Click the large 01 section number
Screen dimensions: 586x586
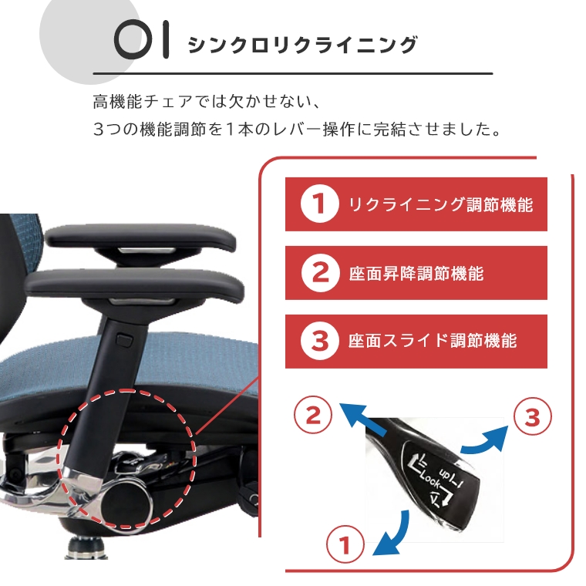click(x=141, y=39)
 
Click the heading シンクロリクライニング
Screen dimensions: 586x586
click(x=302, y=45)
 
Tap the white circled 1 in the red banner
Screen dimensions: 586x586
click(x=319, y=204)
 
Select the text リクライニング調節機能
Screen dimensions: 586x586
click(x=440, y=204)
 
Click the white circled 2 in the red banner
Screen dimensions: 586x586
click(x=320, y=272)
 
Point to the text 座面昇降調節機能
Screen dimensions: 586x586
click(x=416, y=274)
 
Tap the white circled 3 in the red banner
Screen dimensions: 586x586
click(x=319, y=341)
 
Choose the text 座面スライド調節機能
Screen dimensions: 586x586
click(x=433, y=341)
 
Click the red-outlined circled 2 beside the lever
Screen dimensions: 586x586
click(x=313, y=415)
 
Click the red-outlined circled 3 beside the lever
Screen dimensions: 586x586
click(x=532, y=416)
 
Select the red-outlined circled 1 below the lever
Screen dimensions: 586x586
click(x=345, y=544)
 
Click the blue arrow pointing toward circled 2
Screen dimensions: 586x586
click(x=362, y=419)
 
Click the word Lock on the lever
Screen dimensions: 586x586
click(x=431, y=480)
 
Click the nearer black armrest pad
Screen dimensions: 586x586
click(x=134, y=286)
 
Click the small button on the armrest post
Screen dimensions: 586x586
click(x=124, y=340)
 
